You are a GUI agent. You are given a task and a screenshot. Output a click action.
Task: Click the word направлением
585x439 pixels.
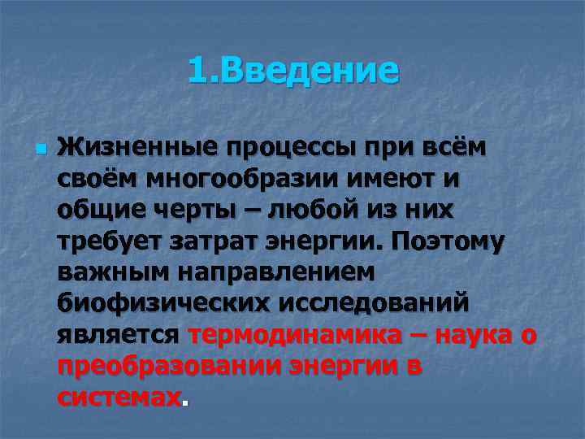[x=270, y=272]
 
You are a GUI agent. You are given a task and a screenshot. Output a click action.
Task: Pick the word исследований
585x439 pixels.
[x=374, y=303]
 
